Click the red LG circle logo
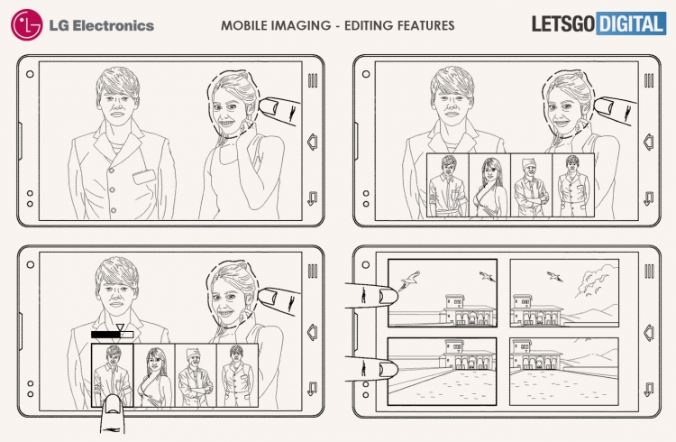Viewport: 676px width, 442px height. (27, 25)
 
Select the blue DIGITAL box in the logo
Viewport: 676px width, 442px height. (631, 23)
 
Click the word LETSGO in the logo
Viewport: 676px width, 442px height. (563, 23)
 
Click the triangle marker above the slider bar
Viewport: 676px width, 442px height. (120, 327)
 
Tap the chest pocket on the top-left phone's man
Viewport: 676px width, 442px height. (144, 177)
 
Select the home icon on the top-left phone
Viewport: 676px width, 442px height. (313, 142)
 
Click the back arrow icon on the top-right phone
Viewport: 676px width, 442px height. (649, 198)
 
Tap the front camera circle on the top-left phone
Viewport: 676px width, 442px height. (30, 74)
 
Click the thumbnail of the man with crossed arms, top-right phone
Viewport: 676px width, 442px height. (531, 185)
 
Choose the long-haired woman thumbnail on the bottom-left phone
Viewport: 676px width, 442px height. (154, 375)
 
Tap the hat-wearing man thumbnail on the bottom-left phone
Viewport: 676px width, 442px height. (196, 375)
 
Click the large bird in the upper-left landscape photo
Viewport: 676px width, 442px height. (409, 281)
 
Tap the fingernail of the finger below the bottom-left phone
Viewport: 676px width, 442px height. (113, 406)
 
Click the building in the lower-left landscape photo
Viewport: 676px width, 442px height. (468, 357)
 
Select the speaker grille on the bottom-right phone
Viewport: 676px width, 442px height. (649, 272)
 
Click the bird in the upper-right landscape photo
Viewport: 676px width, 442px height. (554, 276)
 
